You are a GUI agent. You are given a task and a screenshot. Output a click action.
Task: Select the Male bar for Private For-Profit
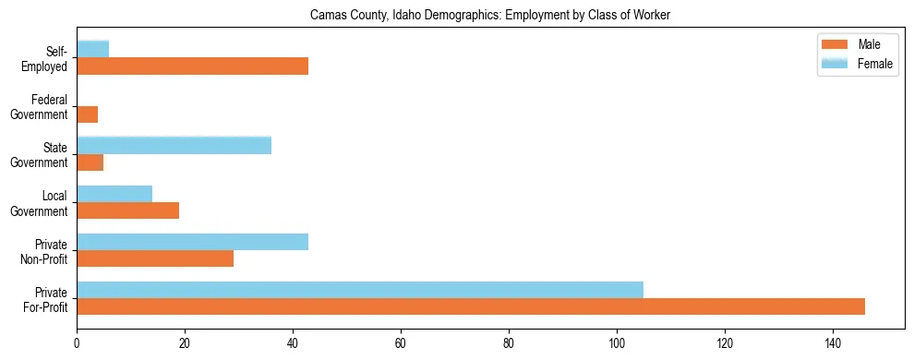click(x=470, y=306)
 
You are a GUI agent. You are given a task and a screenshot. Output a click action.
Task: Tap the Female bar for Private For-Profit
click(x=359, y=290)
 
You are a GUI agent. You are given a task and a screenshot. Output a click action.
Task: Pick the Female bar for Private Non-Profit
click(x=192, y=242)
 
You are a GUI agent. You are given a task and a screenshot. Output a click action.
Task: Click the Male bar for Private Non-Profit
click(x=155, y=258)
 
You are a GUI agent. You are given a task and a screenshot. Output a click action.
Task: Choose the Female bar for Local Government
click(x=114, y=194)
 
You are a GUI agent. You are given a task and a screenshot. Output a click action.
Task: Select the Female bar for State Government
click(x=174, y=145)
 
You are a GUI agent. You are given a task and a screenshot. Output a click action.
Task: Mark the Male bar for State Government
click(x=90, y=162)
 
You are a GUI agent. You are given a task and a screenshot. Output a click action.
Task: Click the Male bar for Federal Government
click(x=88, y=114)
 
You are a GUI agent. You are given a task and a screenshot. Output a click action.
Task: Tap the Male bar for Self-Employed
click(x=192, y=66)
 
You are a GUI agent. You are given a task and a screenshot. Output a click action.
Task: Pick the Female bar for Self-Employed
click(x=93, y=49)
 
